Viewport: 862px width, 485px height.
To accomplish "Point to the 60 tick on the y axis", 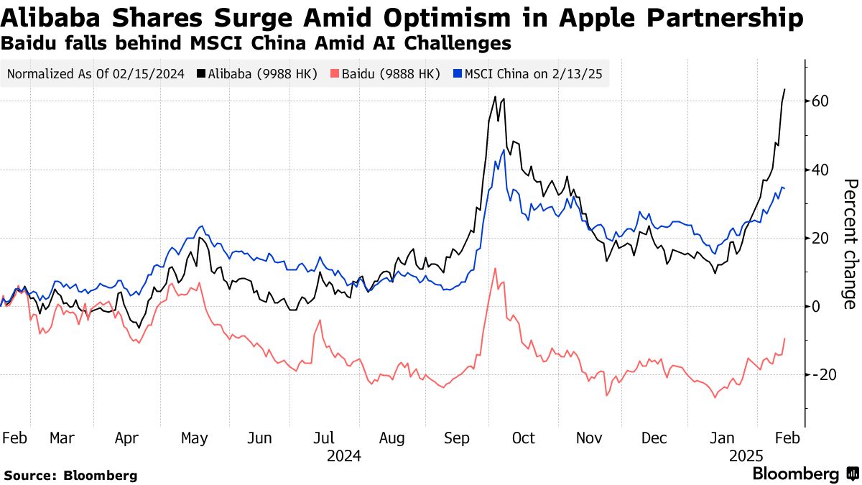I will pyautogui.click(x=821, y=101).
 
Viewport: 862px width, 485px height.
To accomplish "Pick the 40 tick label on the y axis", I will pyautogui.click(x=821, y=170).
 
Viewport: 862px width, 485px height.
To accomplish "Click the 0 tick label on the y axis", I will pyautogui.click(x=816, y=307).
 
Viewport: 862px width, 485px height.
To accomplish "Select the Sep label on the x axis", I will pyautogui.click(x=458, y=438).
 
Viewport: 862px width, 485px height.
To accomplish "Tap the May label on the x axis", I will pyautogui.click(x=194, y=438).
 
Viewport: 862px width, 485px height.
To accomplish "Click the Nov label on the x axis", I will pyautogui.click(x=589, y=438).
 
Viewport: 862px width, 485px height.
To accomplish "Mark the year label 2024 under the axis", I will pyautogui.click(x=343, y=456).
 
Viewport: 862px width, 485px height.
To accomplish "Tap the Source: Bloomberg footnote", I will pyautogui.click(x=70, y=475).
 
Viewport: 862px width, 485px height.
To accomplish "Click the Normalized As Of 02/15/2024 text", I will pyautogui.click(x=96, y=73).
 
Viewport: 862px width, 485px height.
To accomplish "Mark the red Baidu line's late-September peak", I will pyautogui.click(x=495, y=269).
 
